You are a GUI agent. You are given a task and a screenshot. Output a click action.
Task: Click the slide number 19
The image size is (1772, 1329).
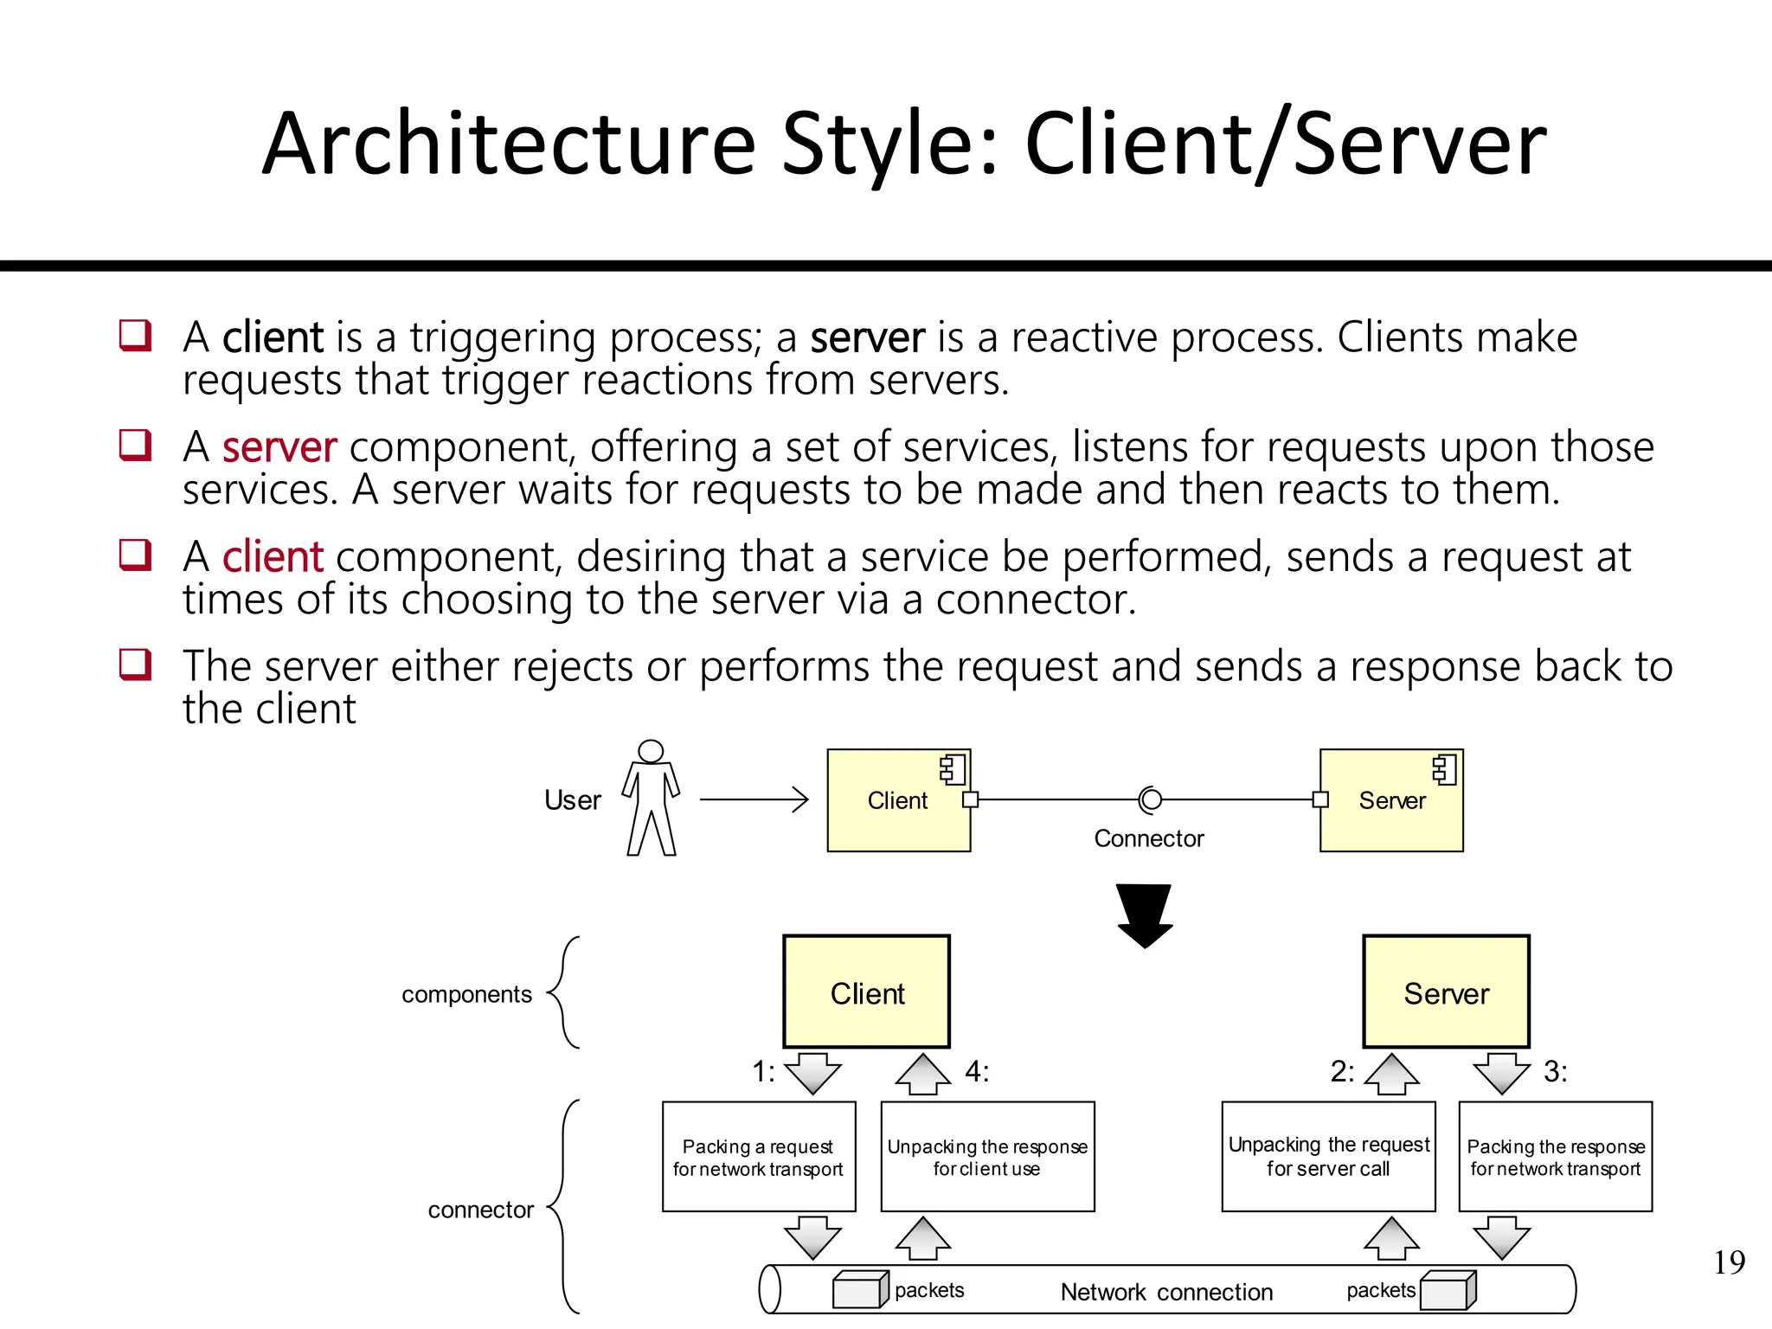pos(1729,1262)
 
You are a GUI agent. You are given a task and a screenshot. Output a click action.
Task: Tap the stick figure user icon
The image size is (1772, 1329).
pos(651,798)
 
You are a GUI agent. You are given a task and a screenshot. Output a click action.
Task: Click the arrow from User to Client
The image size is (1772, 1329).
pos(754,799)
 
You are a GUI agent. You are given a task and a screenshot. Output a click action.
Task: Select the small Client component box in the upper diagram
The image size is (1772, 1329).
pos(898,800)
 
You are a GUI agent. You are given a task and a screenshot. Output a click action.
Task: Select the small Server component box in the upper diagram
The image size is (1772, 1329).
pos(1391,800)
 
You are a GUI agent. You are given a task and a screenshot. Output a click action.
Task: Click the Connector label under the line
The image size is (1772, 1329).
pos(1148,838)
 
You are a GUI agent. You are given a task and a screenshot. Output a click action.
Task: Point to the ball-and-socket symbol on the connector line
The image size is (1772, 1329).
pos(1150,799)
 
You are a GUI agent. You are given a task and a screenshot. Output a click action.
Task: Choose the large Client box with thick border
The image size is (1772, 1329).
pos(867,992)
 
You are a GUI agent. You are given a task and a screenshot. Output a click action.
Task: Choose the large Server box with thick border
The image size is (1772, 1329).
pos(1446,992)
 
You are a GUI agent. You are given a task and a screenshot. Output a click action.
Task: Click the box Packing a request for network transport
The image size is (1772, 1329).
pos(759,1157)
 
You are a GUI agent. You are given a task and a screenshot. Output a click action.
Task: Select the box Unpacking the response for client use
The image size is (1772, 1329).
pos(987,1157)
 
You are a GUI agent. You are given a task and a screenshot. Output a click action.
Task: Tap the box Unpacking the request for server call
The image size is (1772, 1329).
pos(1328,1157)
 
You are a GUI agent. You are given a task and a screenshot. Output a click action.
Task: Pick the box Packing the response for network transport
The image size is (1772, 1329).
pos(1555,1157)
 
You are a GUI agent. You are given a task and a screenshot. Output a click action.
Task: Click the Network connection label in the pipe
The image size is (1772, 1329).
pos(1166,1292)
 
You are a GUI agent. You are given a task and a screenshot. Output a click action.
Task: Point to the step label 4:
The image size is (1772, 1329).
pos(977,1072)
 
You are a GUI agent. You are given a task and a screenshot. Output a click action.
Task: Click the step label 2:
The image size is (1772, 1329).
pos(1342,1072)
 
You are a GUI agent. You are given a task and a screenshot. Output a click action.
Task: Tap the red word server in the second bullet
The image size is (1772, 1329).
pos(279,447)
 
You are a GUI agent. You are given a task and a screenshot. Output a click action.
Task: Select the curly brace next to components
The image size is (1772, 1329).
pos(564,992)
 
